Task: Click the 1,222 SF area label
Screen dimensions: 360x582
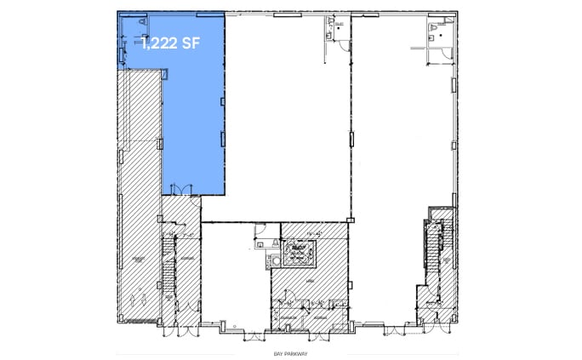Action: click(x=170, y=45)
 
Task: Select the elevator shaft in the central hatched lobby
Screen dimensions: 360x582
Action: click(x=299, y=252)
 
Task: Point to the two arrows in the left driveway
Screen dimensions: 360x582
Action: click(x=140, y=299)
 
